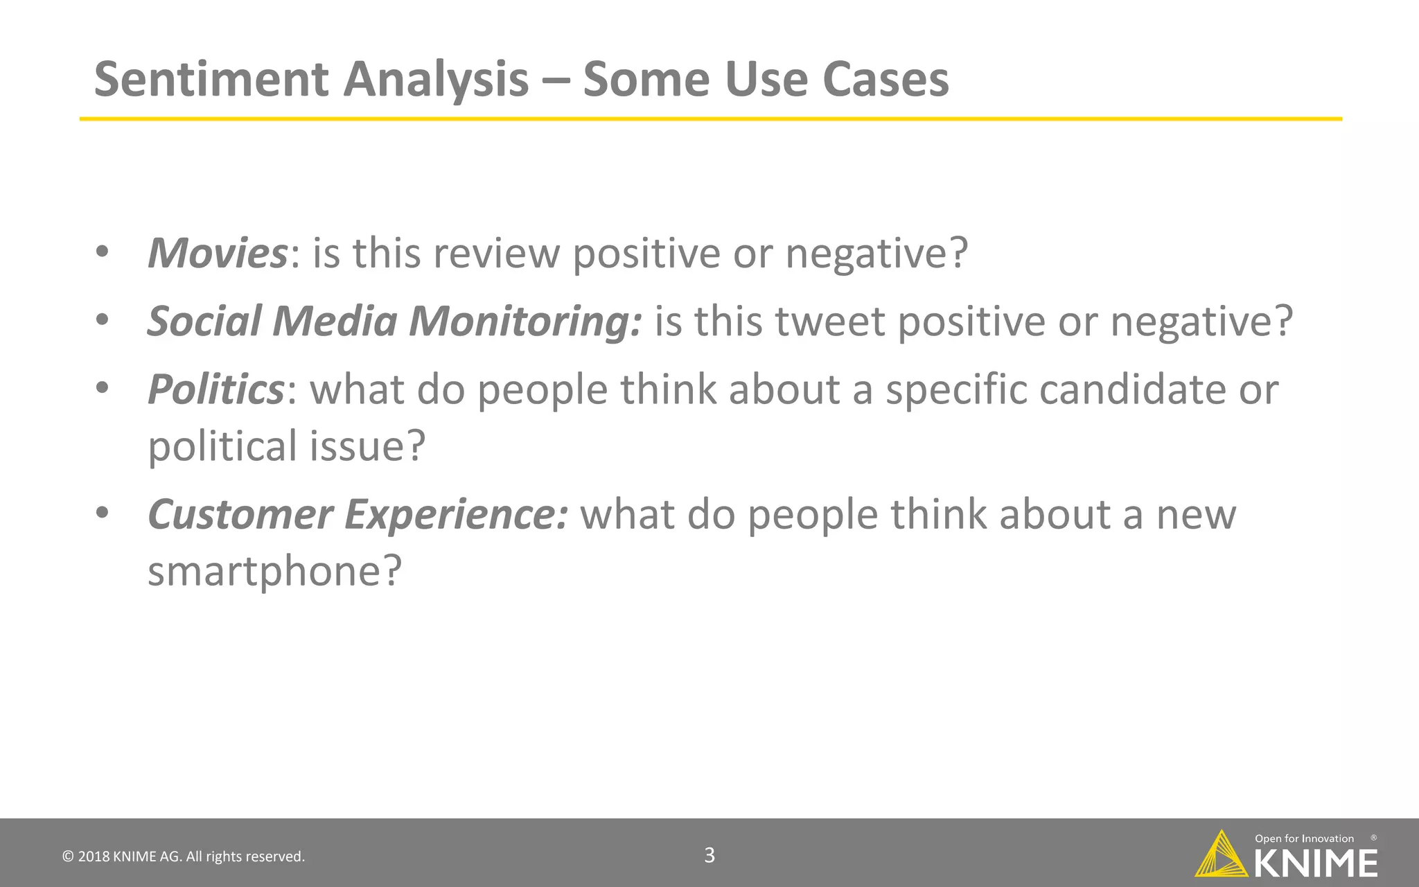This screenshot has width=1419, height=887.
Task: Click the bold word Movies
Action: pyautogui.click(x=217, y=253)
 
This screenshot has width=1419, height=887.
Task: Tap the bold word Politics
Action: pyautogui.click(x=215, y=389)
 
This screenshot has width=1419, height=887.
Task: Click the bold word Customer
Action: pyautogui.click(x=240, y=515)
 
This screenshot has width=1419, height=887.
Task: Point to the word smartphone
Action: pyautogui.click(x=263, y=572)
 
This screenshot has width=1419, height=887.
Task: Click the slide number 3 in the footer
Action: pyautogui.click(x=709, y=855)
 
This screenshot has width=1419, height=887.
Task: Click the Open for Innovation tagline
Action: pyautogui.click(x=1304, y=838)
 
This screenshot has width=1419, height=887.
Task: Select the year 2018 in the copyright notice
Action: pyautogui.click(x=94, y=857)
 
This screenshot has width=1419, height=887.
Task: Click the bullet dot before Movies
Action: pyautogui.click(x=103, y=252)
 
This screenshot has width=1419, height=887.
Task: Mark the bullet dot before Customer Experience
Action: pyautogui.click(x=103, y=513)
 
